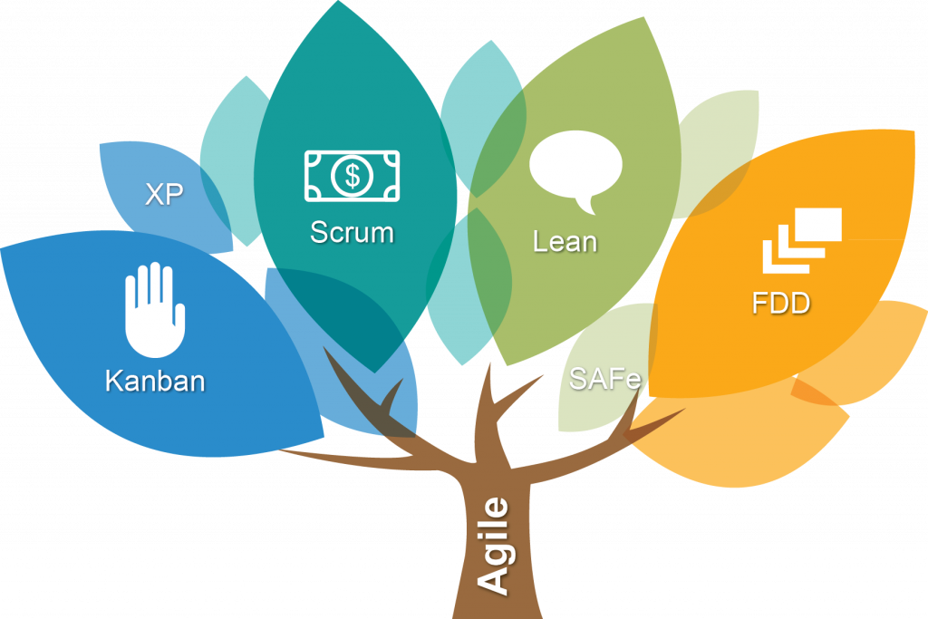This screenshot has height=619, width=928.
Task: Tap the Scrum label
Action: (352, 232)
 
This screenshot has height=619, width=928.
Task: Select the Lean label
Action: (565, 242)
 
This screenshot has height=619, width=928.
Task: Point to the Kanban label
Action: (155, 380)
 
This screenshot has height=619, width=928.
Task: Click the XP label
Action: (164, 194)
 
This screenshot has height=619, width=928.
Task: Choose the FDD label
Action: (781, 303)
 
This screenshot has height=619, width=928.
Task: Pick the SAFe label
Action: (604, 378)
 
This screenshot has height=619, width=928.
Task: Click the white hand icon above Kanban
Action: (153, 309)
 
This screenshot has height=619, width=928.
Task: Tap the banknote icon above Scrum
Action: (352, 175)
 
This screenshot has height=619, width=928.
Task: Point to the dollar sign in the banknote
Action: (352, 175)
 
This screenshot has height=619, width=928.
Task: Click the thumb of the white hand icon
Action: (179, 318)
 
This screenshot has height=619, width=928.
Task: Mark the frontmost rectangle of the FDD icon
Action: (817, 224)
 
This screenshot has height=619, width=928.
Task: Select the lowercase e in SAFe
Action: (631, 380)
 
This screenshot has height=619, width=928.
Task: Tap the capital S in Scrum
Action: (319, 232)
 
